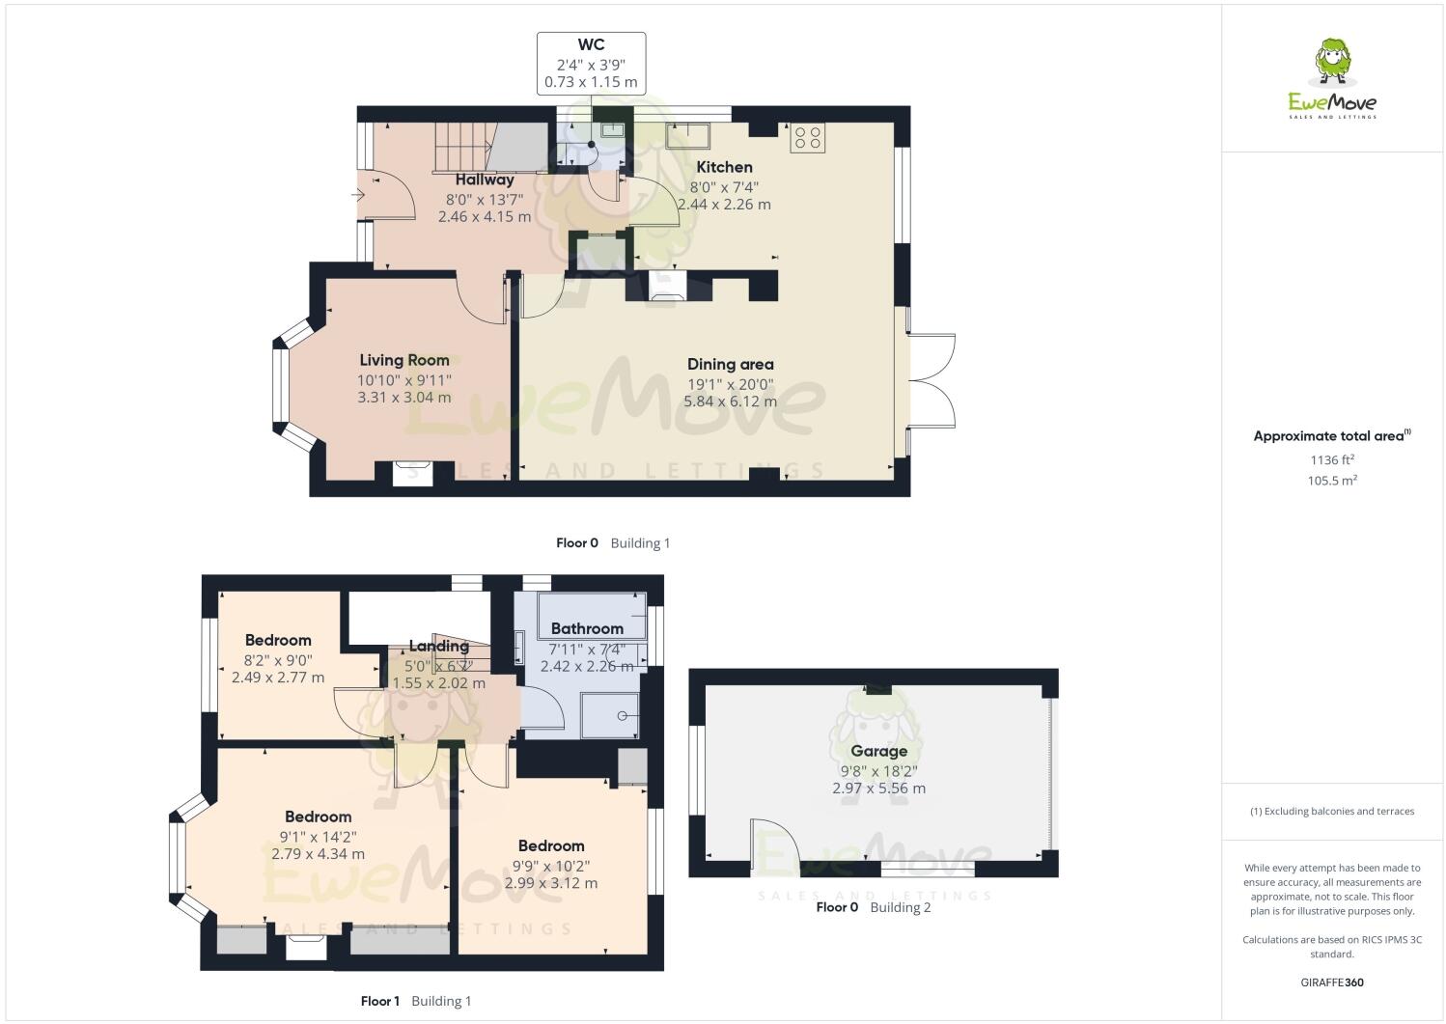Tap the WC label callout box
[x=591, y=64]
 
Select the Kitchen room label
[x=724, y=167]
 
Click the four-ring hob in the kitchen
[x=807, y=138]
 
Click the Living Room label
[x=404, y=360]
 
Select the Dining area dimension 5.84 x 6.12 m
[x=730, y=401]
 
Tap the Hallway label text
[x=485, y=180]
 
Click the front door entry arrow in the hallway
[x=358, y=196]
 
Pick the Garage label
[x=878, y=751]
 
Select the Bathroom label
[x=587, y=628]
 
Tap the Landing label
[x=438, y=646]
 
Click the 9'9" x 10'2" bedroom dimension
[x=550, y=866]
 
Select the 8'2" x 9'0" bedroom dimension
[x=277, y=660]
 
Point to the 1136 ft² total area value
[x=1332, y=460]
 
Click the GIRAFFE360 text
[x=1332, y=982]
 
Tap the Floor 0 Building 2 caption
[x=873, y=907]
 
